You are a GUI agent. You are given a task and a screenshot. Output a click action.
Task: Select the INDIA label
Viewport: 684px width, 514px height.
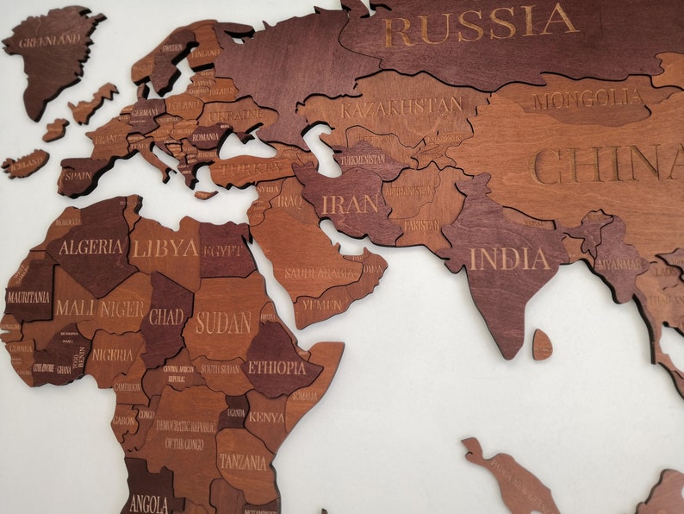(509, 259)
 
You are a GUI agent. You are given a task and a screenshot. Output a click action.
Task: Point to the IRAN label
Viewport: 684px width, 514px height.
(350, 204)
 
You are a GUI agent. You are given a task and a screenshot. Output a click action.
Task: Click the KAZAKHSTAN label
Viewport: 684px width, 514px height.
(401, 109)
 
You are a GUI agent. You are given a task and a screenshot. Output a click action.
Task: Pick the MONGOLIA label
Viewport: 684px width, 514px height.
(588, 99)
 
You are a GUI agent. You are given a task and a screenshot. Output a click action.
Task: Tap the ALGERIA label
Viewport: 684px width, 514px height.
(90, 248)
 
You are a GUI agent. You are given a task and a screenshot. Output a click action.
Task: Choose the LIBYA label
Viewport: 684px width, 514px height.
(165, 249)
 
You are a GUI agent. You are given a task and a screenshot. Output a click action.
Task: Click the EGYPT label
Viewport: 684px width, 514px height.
(222, 251)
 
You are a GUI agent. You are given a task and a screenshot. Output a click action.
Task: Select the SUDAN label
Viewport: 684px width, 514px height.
(223, 323)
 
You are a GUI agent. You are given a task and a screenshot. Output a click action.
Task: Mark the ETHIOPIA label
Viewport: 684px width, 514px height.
(277, 367)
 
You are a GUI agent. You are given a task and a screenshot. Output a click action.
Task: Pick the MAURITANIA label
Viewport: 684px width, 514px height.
(28, 296)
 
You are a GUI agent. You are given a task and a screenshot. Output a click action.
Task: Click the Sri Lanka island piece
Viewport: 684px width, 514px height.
(542, 344)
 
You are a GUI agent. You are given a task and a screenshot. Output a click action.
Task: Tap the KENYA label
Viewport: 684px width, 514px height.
(266, 417)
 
